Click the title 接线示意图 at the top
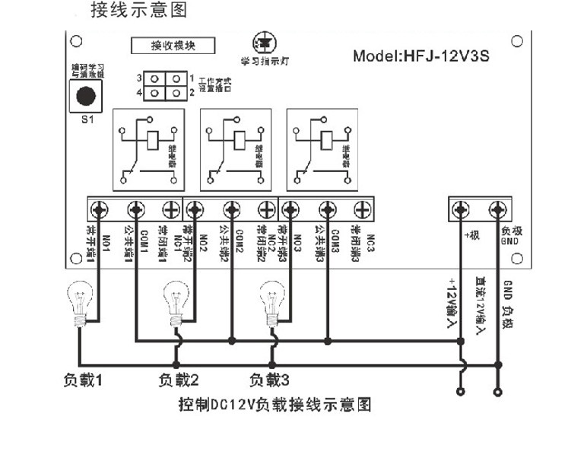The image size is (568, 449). [x=138, y=11]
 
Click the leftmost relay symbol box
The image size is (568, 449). [x=148, y=150]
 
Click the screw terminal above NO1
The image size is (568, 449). [x=100, y=208]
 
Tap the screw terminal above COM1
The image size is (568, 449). [x=136, y=208]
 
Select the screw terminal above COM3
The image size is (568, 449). [x=328, y=208]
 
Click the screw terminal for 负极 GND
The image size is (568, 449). [x=497, y=208]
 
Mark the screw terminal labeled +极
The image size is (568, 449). [x=461, y=208]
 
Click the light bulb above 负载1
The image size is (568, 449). [x=78, y=299]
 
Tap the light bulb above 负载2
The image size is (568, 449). [x=176, y=299]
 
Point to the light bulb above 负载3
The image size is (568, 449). [x=271, y=299]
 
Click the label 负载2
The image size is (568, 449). [x=179, y=378]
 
